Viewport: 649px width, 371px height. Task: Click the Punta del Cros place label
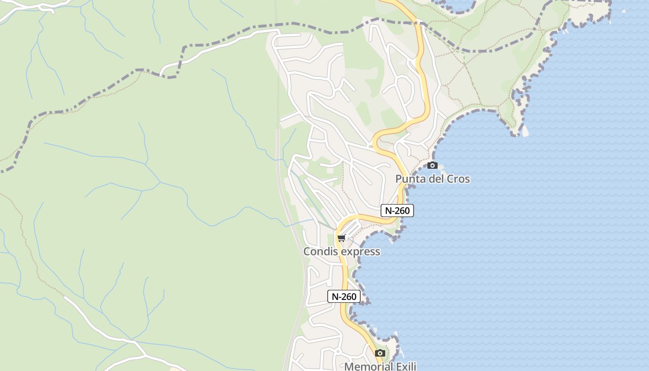432,179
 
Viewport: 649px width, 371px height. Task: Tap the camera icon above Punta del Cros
432,165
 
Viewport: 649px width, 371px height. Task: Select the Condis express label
342,251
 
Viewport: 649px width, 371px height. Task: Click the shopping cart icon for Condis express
342,238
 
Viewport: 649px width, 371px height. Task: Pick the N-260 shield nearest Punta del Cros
397,211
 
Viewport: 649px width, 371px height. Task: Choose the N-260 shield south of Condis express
344,296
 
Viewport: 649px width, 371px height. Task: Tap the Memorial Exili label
380,366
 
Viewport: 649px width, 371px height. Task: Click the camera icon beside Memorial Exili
380,353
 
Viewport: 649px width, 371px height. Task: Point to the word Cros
458,179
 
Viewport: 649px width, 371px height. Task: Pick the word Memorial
368,366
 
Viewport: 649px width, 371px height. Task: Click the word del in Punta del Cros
436,179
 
